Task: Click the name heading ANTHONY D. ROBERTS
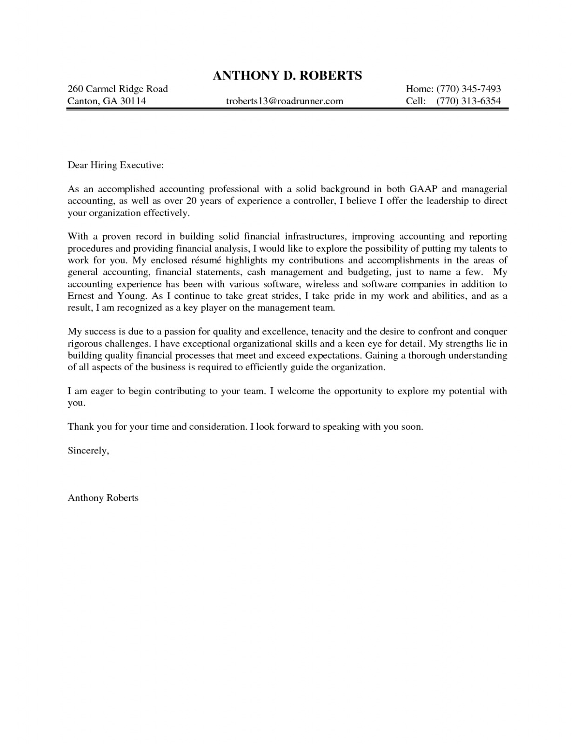tap(287, 75)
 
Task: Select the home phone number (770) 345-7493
tap(468, 89)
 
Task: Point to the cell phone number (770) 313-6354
tap(468, 101)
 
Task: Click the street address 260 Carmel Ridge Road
tap(118, 89)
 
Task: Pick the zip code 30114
tap(133, 101)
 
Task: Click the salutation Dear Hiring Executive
tap(116, 165)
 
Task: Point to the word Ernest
tap(81, 296)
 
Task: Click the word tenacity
tap(328, 332)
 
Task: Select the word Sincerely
tap(88, 451)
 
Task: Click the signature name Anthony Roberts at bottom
tap(103, 498)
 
